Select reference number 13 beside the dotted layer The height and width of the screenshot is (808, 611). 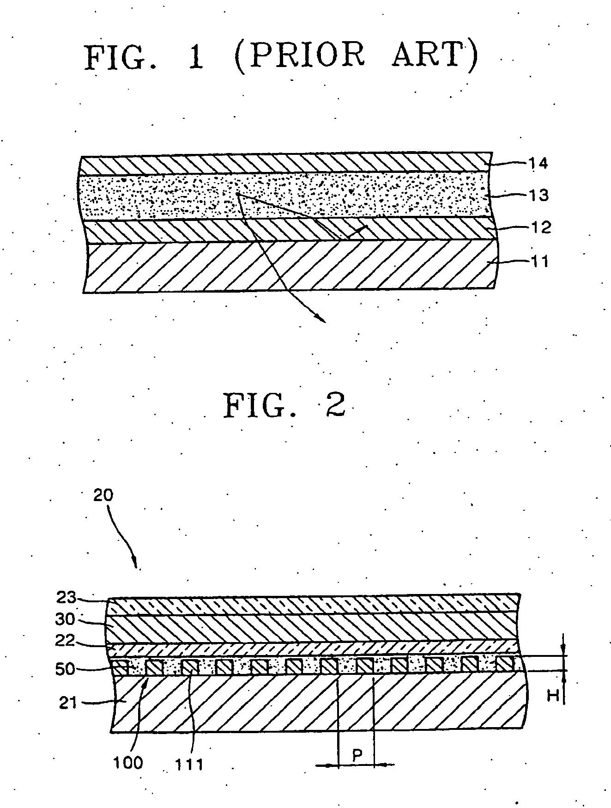[538, 196]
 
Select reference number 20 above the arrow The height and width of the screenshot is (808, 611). [103, 495]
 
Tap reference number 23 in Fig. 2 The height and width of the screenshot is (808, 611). [66, 598]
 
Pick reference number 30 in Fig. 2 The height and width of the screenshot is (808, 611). [66, 619]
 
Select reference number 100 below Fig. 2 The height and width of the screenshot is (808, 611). [128, 762]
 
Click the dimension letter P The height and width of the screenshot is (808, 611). [357, 756]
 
